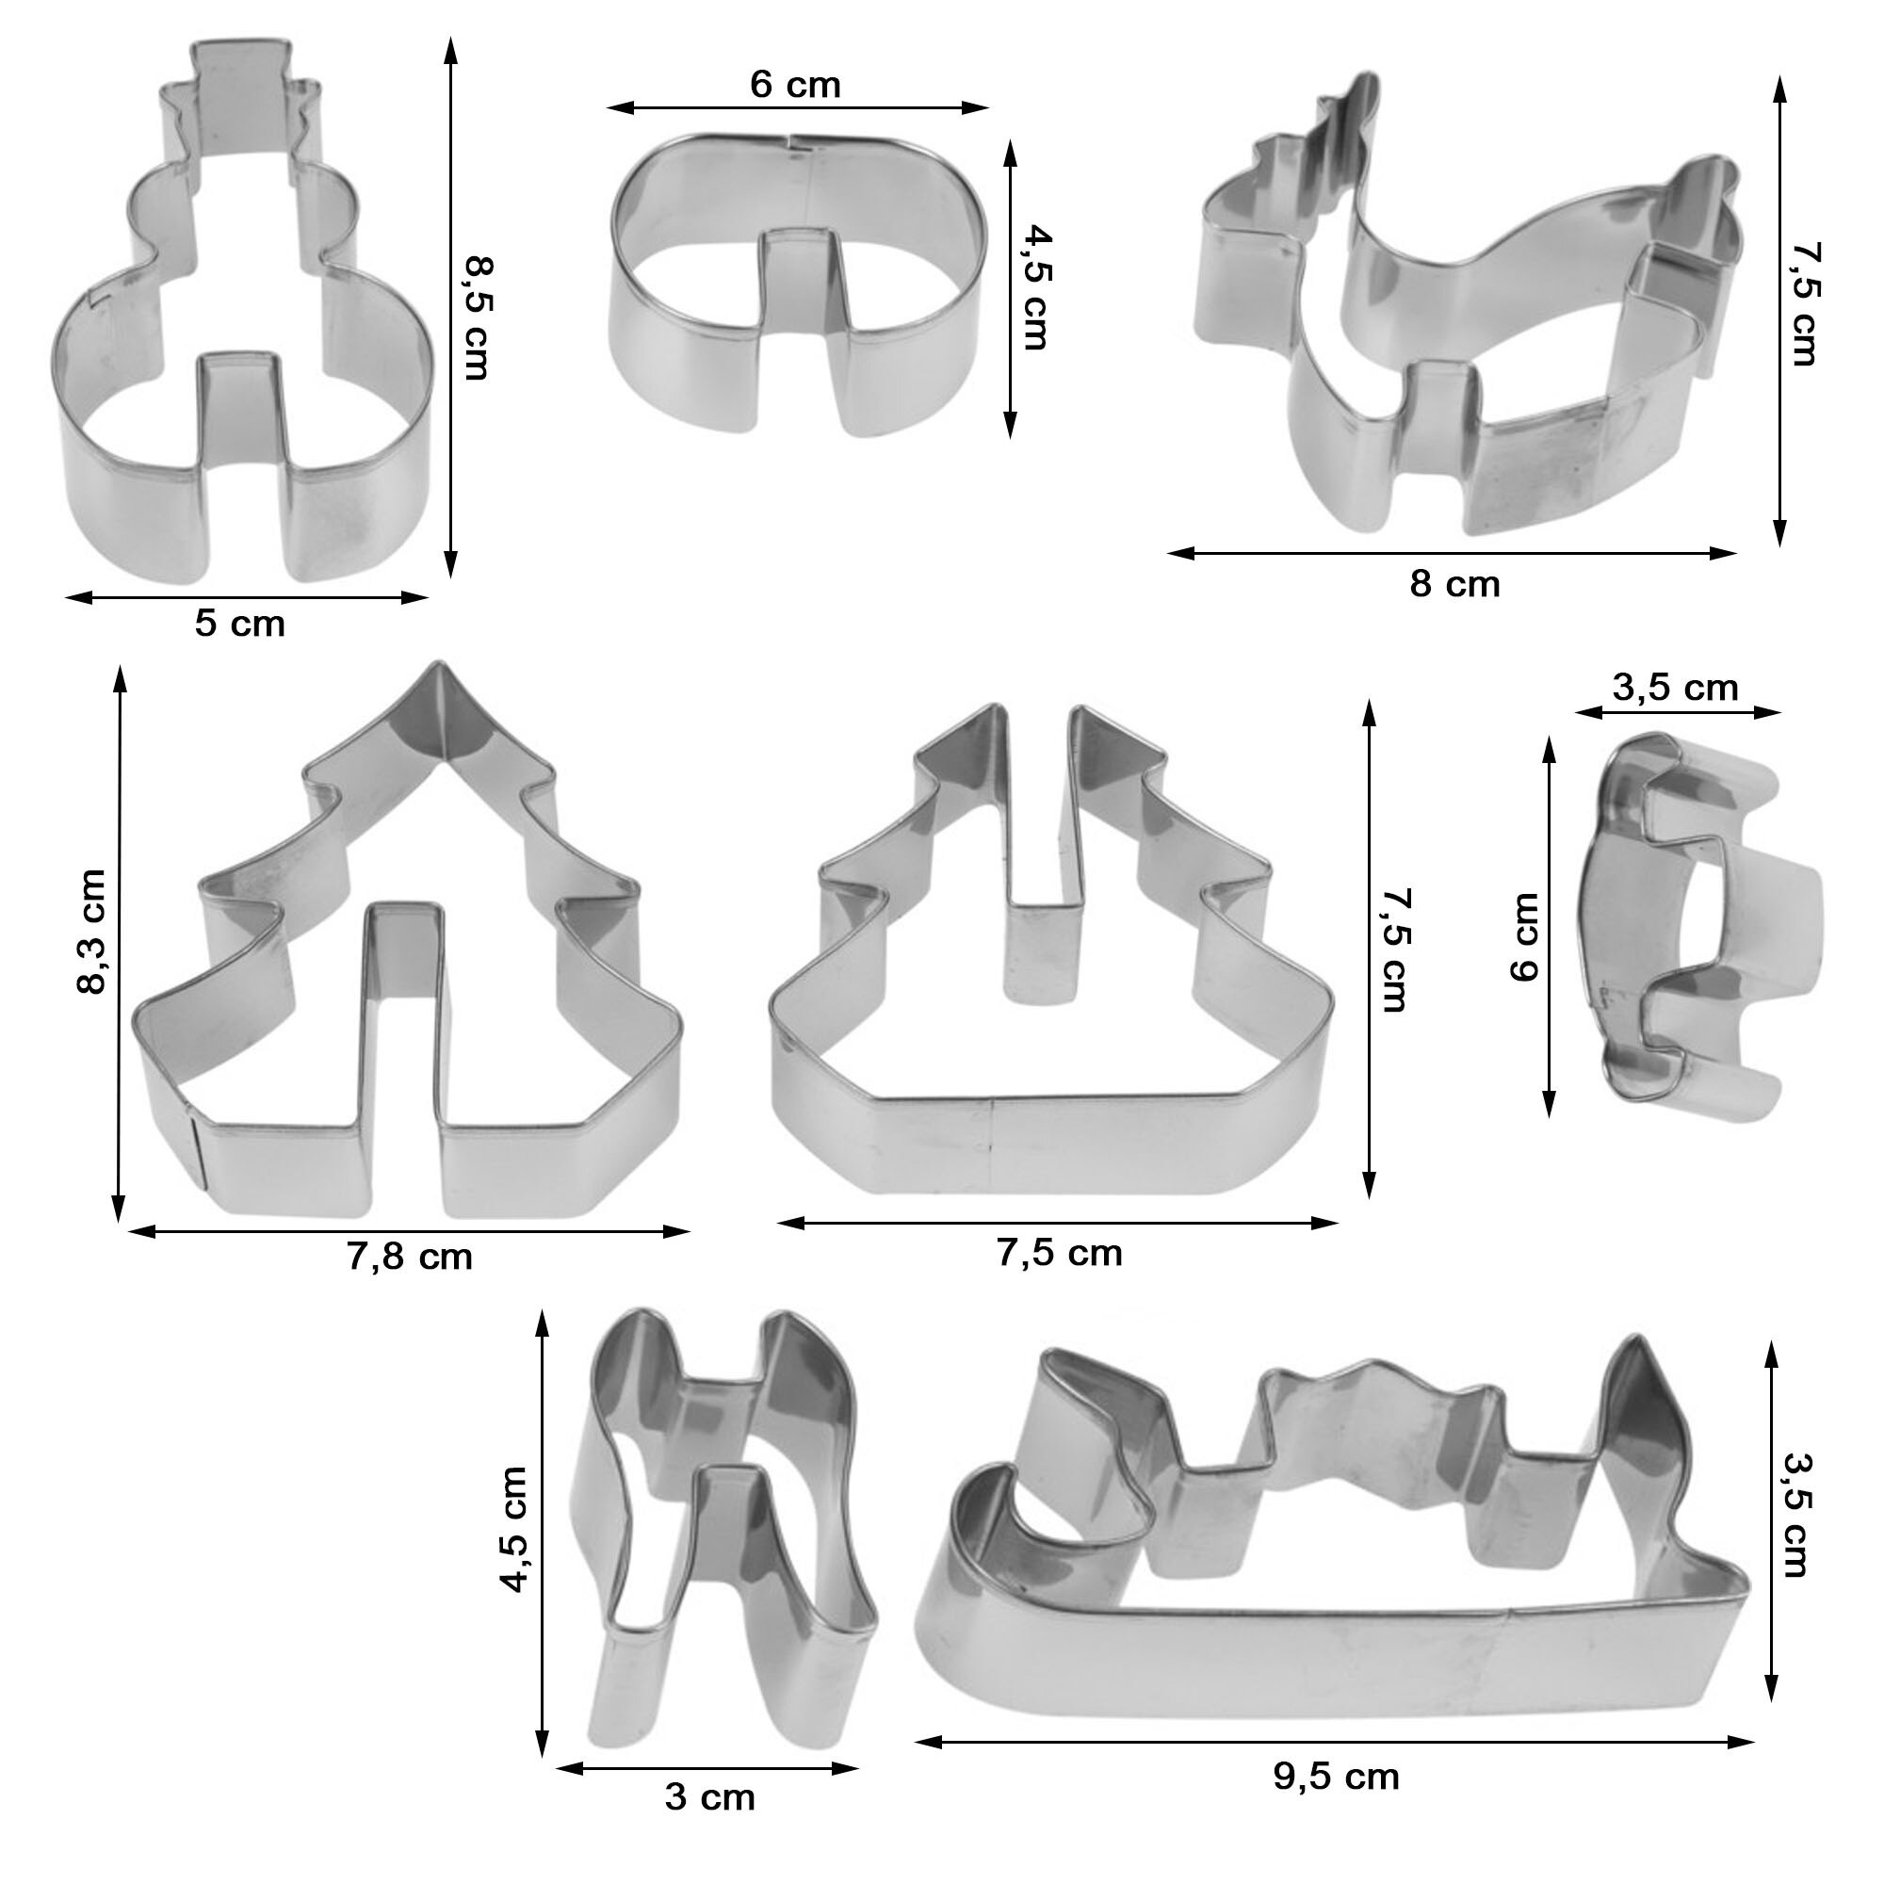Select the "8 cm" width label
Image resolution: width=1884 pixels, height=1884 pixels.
(1454, 584)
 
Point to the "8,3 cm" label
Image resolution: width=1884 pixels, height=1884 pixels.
(91, 932)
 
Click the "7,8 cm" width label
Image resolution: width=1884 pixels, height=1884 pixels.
(410, 1257)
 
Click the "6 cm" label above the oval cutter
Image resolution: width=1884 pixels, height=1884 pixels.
(795, 85)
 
